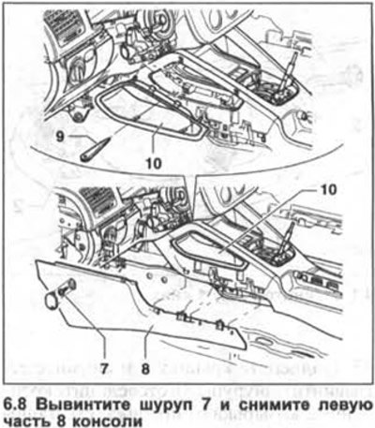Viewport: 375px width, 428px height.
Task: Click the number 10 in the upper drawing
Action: (x=154, y=163)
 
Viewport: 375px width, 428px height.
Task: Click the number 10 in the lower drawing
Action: (x=328, y=189)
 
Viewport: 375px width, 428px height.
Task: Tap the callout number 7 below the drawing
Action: (x=104, y=369)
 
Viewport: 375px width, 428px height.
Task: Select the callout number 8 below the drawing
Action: (x=145, y=369)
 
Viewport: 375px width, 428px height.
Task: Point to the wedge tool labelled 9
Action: (x=95, y=150)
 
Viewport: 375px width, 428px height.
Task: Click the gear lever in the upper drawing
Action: (x=287, y=74)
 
